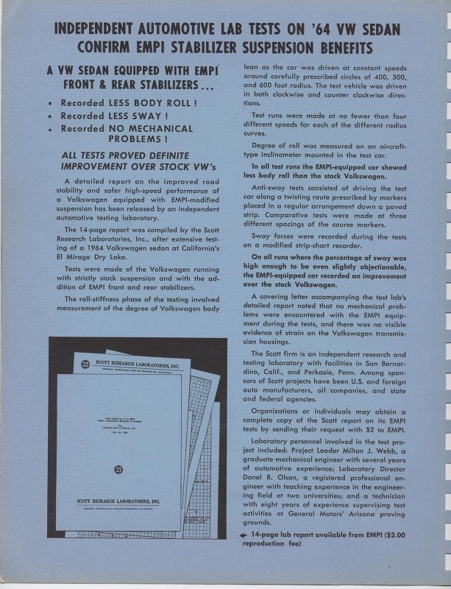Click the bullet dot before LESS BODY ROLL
[x=49, y=104]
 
